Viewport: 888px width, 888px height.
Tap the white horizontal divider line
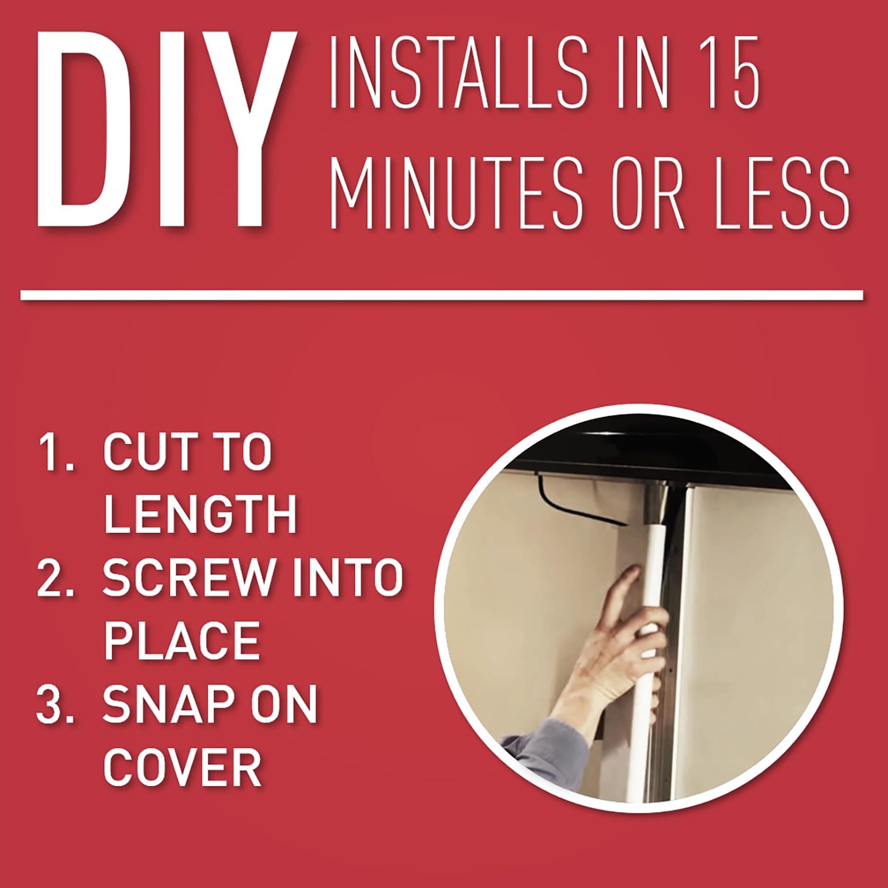point(442,295)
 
